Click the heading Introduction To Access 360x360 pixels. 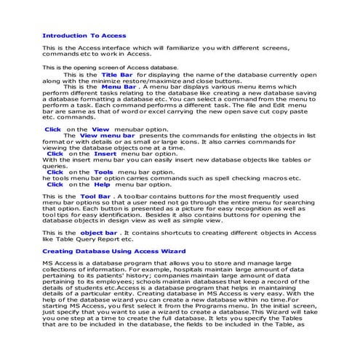[x=84, y=35]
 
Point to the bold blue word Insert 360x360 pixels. [x=85, y=154]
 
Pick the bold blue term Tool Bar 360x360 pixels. [x=95, y=196]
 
